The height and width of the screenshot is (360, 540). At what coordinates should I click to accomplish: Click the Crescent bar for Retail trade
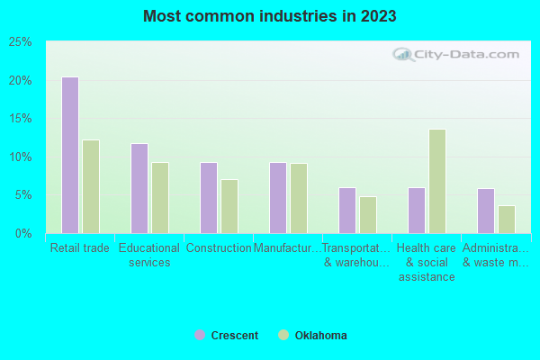click(x=69, y=155)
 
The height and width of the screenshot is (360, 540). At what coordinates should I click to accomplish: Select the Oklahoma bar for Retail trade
click(x=91, y=186)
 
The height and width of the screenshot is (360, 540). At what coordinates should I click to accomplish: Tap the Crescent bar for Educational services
click(x=139, y=188)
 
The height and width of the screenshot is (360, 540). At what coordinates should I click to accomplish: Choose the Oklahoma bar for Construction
click(x=229, y=206)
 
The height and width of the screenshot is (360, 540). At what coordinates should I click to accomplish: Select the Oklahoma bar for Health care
click(x=437, y=181)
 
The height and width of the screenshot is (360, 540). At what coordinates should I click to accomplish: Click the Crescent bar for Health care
click(x=416, y=210)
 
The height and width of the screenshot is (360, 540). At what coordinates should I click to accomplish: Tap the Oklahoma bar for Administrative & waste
click(x=507, y=219)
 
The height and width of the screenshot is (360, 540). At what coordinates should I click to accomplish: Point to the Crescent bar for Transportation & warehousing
click(x=346, y=210)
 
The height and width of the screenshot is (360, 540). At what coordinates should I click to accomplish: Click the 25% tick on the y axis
click(x=20, y=42)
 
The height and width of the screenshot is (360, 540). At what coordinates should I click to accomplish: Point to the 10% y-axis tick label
click(x=20, y=157)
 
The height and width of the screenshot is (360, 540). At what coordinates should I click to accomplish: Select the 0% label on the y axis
click(x=23, y=234)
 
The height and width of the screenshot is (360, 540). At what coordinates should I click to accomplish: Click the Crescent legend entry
click(x=227, y=336)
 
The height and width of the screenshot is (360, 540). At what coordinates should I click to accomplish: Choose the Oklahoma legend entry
click(x=313, y=336)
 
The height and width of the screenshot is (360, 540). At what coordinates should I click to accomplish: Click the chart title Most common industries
click(x=269, y=16)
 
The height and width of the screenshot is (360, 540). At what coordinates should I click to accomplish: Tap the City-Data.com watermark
click(x=457, y=55)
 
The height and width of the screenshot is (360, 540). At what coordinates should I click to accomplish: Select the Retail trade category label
click(x=80, y=248)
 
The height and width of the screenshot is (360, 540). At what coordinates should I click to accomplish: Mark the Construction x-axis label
click(x=219, y=248)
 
